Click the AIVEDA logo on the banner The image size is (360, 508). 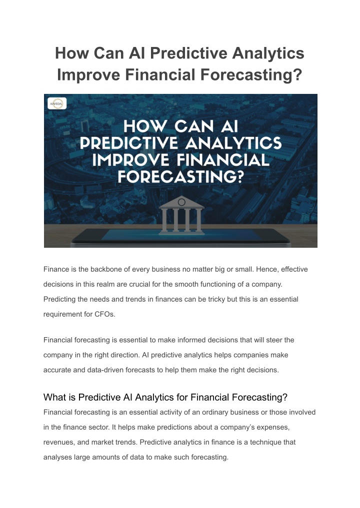[x=57, y=103]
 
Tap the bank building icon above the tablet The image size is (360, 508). [x=181, y=215]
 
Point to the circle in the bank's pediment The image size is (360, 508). [x=181, y=202]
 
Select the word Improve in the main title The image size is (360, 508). [x=89, y=75]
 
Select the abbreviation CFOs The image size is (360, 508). [x=105, y=314]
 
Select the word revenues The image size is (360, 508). [x=59, y=443]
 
